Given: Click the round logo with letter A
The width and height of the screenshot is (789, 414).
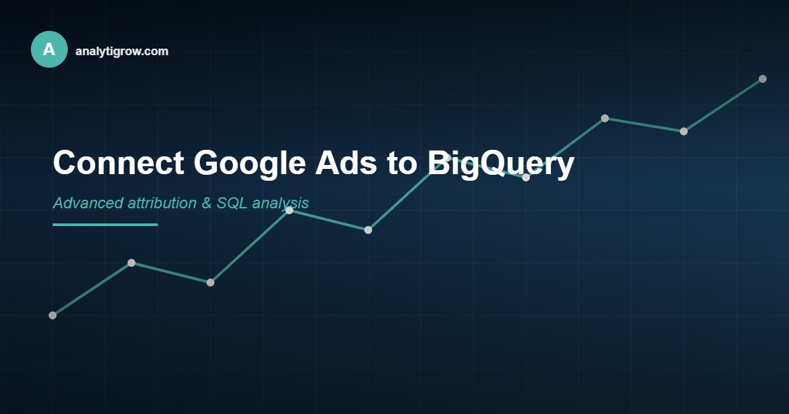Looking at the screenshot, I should tap(49, 49).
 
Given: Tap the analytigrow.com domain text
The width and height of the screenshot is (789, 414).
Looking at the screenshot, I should tap(122, 51).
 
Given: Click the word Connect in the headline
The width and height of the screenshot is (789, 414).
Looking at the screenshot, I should tap(118, 163).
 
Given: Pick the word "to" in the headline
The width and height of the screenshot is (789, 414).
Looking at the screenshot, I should tap(401, 163).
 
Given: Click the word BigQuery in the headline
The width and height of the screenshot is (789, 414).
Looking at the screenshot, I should tap(501, 163).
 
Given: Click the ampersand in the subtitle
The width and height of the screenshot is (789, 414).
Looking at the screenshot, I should tap(206, 203).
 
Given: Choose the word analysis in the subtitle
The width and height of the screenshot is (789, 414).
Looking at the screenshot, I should tap(280, 204).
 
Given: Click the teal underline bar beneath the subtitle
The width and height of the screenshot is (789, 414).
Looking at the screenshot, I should tap(105, 225).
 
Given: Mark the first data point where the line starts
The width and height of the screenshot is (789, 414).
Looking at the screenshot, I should tap(53, 315).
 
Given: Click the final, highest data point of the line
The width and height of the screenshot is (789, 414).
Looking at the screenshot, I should tap(763, 79).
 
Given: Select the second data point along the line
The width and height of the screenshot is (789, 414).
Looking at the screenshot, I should tap(131, 263).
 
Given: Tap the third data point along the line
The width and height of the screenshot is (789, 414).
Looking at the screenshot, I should tap(210, 283).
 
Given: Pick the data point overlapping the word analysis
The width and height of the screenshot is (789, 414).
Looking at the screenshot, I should tap(289, 210).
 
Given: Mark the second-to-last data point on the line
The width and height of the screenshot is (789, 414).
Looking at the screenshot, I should tap(684, 131).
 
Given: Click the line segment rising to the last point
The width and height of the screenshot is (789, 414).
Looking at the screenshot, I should tap(723, 105).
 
